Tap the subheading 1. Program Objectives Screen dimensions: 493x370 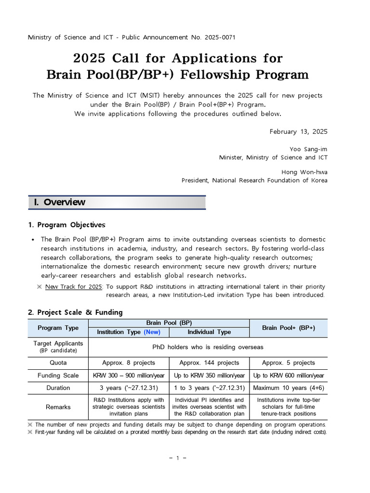click(66, 225)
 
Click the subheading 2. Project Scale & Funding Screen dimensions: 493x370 click(75, 312)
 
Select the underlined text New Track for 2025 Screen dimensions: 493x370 click(73, 287)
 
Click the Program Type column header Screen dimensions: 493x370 click(58, 328)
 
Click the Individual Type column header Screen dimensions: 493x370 click(209, 332)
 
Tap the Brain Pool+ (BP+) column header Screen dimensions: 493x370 click(288, 328)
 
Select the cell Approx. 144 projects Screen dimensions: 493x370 click(209, 363)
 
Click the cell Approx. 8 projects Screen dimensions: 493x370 click(129, 363)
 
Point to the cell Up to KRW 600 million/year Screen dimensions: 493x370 click(288, 376)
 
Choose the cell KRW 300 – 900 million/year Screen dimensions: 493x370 click(129, 376)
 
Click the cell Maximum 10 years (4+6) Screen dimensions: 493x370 click(288, 388)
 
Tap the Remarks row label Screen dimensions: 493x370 click(58, 407)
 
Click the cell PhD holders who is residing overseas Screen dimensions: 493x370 click(208, 347)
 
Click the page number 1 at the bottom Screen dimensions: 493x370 click(177, 458)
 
